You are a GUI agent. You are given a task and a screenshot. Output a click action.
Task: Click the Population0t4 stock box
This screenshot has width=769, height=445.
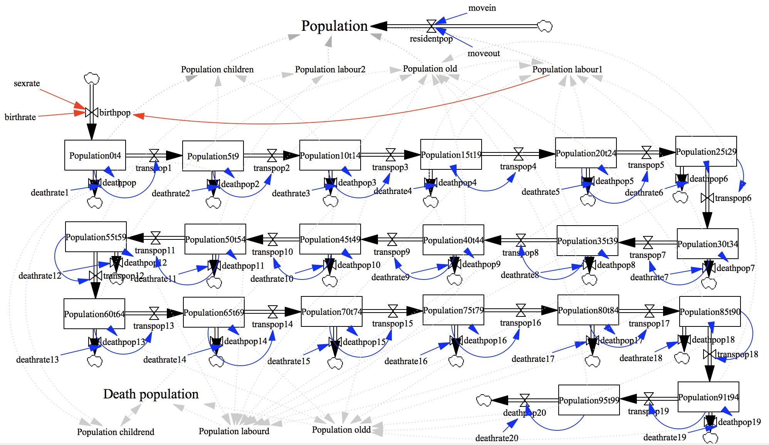click(x=95, y=155)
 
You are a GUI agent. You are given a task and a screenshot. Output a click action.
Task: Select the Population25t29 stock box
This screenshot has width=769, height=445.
click(x=706, y=151)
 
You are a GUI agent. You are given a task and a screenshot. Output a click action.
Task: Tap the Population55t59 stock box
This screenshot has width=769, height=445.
click(x=96, y=237)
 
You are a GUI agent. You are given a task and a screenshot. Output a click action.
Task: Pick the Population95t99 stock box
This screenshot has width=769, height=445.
click(x=589, y=400)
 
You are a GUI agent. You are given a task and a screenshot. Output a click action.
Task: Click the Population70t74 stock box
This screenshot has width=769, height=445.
click(x=331, y=311)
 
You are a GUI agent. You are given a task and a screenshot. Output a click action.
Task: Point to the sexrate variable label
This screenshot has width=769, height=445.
click(x=27, y=83)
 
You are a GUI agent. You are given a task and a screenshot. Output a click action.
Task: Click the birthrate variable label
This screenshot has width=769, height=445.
click(x=20, y=117)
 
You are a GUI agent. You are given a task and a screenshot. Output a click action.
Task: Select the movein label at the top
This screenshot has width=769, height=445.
click(x=482, y=8)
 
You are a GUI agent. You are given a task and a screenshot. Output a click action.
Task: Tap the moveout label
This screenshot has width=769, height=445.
click(x=484, y=54)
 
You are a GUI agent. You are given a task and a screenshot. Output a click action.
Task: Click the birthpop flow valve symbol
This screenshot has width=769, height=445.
click(x=91, y=112)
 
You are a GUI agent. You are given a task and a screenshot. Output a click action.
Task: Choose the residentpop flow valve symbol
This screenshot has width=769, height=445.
click(x=432, y=26)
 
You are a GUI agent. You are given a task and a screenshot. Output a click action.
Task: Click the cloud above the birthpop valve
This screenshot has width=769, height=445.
click(x=91, y=79)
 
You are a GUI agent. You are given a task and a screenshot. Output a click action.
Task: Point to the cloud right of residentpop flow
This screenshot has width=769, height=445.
click(x=544, y=26)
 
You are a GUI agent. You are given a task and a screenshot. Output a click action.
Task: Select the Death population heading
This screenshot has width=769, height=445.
click(x=151, y=394)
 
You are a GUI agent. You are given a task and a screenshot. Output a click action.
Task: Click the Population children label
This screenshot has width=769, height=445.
click(x=217, y=69)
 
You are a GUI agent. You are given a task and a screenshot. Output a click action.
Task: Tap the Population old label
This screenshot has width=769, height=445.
click(x=430, y=69)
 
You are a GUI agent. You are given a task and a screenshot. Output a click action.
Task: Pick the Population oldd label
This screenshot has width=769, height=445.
click(x=341, y=430)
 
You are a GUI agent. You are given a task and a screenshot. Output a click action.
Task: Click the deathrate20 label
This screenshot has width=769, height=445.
click(x=497, y=438)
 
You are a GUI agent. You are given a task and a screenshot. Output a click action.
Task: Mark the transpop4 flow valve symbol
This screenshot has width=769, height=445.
click(x=519, y=154)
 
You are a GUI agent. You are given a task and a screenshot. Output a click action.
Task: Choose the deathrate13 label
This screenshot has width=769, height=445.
click(x=37, y=360)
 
